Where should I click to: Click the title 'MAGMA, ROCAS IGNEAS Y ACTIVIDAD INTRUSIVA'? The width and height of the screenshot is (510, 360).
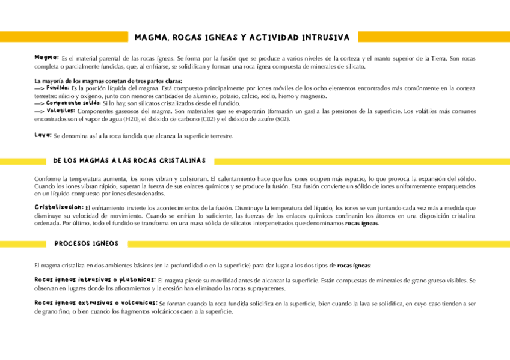(x=241, y=37)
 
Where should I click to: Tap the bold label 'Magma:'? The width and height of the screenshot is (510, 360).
(x=46, y=58)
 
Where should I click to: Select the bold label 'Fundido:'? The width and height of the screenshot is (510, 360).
(x=58, y=88)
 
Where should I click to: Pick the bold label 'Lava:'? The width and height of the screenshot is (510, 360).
(x=43, y=135)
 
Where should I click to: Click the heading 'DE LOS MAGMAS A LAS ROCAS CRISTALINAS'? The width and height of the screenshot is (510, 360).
(x=129, y=161)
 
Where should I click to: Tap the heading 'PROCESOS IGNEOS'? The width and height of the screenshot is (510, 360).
(x=86, y=244)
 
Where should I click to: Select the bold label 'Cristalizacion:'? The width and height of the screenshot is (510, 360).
(x=59, y=207)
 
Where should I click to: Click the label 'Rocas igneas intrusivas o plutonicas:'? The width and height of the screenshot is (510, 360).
(x=94, y=280)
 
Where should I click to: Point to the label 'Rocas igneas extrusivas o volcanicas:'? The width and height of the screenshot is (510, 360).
(x=96, y=304)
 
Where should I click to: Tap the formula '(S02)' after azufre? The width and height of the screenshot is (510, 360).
(x=282, y=119)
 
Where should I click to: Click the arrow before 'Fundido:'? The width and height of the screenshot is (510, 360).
(x=39, y=88)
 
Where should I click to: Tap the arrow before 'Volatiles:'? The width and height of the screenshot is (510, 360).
(x=39, y=111)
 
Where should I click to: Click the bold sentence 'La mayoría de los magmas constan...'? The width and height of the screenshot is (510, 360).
(x=108, y=81)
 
